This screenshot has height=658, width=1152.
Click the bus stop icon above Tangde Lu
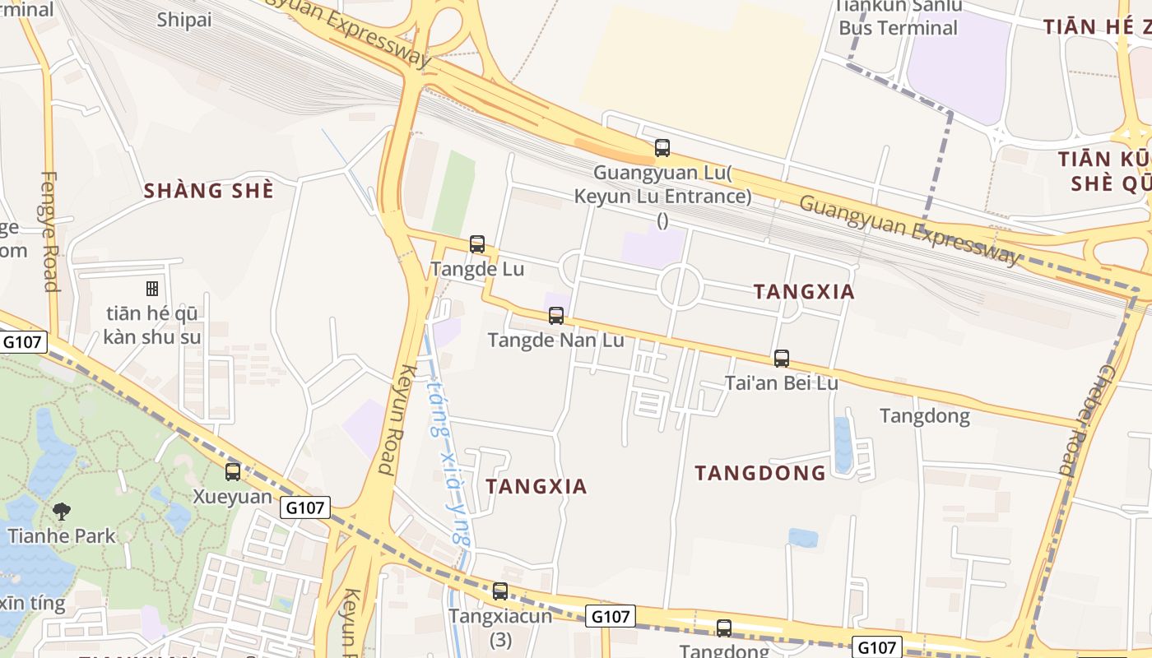click(477, 243)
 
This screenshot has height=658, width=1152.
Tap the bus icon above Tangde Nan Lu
click(556, 315)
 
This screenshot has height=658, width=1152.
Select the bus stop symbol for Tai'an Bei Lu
click(782, 358)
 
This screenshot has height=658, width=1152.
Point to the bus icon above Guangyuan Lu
click(662, 148)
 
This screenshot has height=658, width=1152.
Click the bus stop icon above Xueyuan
click(233, 471)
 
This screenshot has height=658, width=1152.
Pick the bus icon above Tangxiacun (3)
click(500, 591)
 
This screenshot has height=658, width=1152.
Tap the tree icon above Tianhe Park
click(61, 512)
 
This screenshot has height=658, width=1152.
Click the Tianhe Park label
click(62, 536)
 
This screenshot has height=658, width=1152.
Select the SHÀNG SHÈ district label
click(208, 191)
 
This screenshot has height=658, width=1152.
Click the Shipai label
click(184, 20)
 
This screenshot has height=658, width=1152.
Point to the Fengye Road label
click(50, 231)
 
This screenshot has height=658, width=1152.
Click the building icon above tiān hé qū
click(152, 288)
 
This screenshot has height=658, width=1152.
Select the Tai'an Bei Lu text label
click(781, 383)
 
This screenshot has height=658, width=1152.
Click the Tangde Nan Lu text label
click(555, 340)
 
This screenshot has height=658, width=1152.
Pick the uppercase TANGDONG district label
click(759, 473)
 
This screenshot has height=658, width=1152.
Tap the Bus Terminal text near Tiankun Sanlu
click(898, 28)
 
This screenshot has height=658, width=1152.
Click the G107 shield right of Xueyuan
click(305, 507)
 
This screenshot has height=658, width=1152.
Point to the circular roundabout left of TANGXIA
click(680, 285)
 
